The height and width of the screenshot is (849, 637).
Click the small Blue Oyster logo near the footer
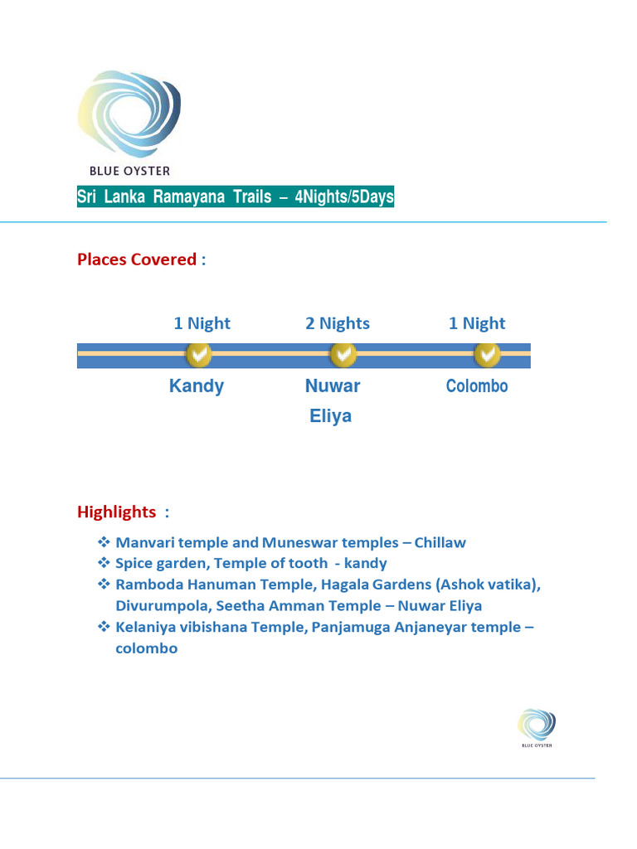(537, 725)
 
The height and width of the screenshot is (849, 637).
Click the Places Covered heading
(137, 260)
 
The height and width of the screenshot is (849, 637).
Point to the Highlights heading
(117, 512)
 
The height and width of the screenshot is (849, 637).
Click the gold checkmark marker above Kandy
(199, 355)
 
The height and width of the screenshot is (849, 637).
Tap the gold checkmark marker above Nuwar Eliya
(343, 355)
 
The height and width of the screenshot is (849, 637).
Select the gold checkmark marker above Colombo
(486, 355)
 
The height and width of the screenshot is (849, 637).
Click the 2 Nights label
(338, 323)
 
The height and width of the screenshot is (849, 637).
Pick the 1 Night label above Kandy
(202, 323)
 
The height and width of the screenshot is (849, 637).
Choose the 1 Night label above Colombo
(477, 323)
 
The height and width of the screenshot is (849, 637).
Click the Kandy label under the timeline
(197, 386)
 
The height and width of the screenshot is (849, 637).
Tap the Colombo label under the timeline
(477, 386)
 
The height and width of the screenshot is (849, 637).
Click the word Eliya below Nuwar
(331, 416)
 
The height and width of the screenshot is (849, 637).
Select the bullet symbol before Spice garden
(105, 564)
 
